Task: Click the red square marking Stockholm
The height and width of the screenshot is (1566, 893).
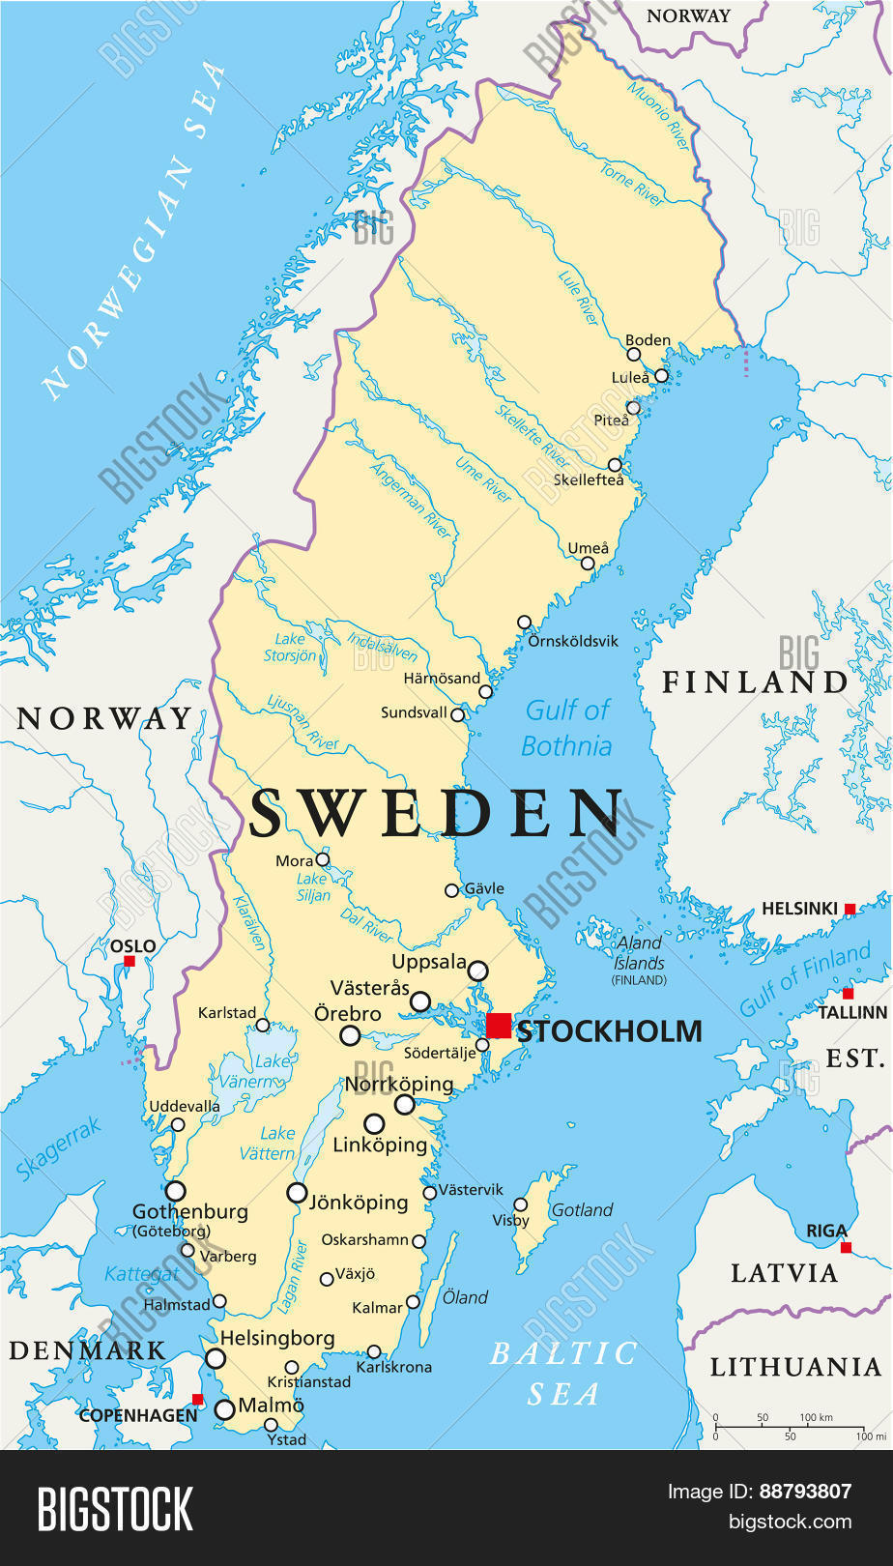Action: [x=499, y=1026]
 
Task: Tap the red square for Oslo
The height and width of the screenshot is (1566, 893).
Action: [x=129, y=961]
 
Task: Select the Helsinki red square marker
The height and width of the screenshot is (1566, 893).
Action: [x=850, y=909]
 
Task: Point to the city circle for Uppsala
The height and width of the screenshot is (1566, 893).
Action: [x=477, y=971]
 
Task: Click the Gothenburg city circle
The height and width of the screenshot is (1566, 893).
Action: [x=175, y=1191]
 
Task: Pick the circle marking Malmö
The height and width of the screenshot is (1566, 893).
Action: [x=224, y=1409]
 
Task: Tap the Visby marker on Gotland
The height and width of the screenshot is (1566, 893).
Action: [x=520, y=1204]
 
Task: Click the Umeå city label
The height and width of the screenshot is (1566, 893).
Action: [x=588, y=548]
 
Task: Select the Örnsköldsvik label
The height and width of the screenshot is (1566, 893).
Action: [x=573, y=641]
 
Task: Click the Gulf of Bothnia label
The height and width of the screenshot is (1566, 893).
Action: [x=567, y=728]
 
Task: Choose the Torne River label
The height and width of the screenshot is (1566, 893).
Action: [x=633, y=184]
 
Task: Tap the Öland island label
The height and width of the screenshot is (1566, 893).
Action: [x=466, y=1297]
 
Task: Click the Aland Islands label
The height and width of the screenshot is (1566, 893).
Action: [x=639, y=953]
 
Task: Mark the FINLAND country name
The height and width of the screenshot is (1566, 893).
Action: [x=754, y=682]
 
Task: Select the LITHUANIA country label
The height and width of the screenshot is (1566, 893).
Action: [x=795, y=1367]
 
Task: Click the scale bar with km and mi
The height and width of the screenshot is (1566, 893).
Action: [x=788, y=1426]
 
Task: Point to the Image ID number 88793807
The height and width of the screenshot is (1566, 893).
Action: [x=805, y=1491]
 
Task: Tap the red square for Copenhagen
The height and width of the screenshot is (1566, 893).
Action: [x=197, y=1399]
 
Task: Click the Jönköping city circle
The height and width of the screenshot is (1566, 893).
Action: [x=298, y=1193]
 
